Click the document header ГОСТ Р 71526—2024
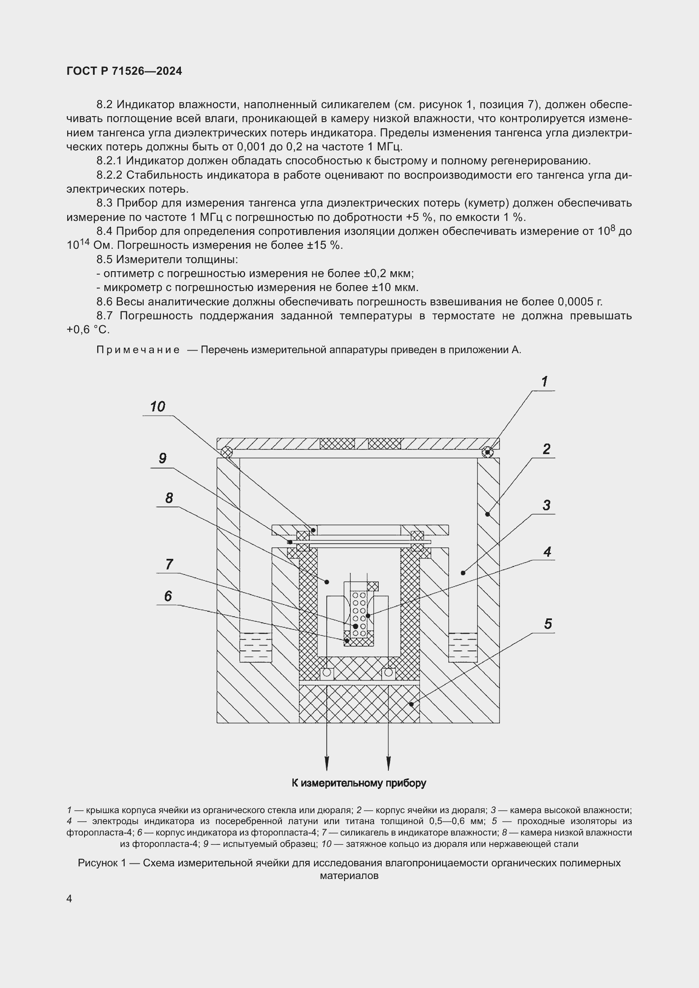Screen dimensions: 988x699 coord(124,71)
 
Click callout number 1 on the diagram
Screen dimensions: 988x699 coord(544,382)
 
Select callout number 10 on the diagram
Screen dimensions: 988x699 coord(158,407)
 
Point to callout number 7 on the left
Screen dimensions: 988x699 coord(169,564)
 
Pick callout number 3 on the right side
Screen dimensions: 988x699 coord(546,505)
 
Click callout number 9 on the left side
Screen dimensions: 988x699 coord(162,458)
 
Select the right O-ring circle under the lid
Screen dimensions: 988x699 coord(487,452)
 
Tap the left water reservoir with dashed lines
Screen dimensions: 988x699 coord(255,647)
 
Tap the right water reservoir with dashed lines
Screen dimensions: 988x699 coord(463,647)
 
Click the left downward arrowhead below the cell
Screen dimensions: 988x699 coord(327,764)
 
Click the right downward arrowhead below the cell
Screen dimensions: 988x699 coord(389,764)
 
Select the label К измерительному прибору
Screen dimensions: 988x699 coord(358,783)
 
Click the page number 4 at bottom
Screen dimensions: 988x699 coord(69,898)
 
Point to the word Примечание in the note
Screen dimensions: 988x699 coord(138,350)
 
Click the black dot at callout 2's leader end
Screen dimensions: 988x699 coord(488,514)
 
